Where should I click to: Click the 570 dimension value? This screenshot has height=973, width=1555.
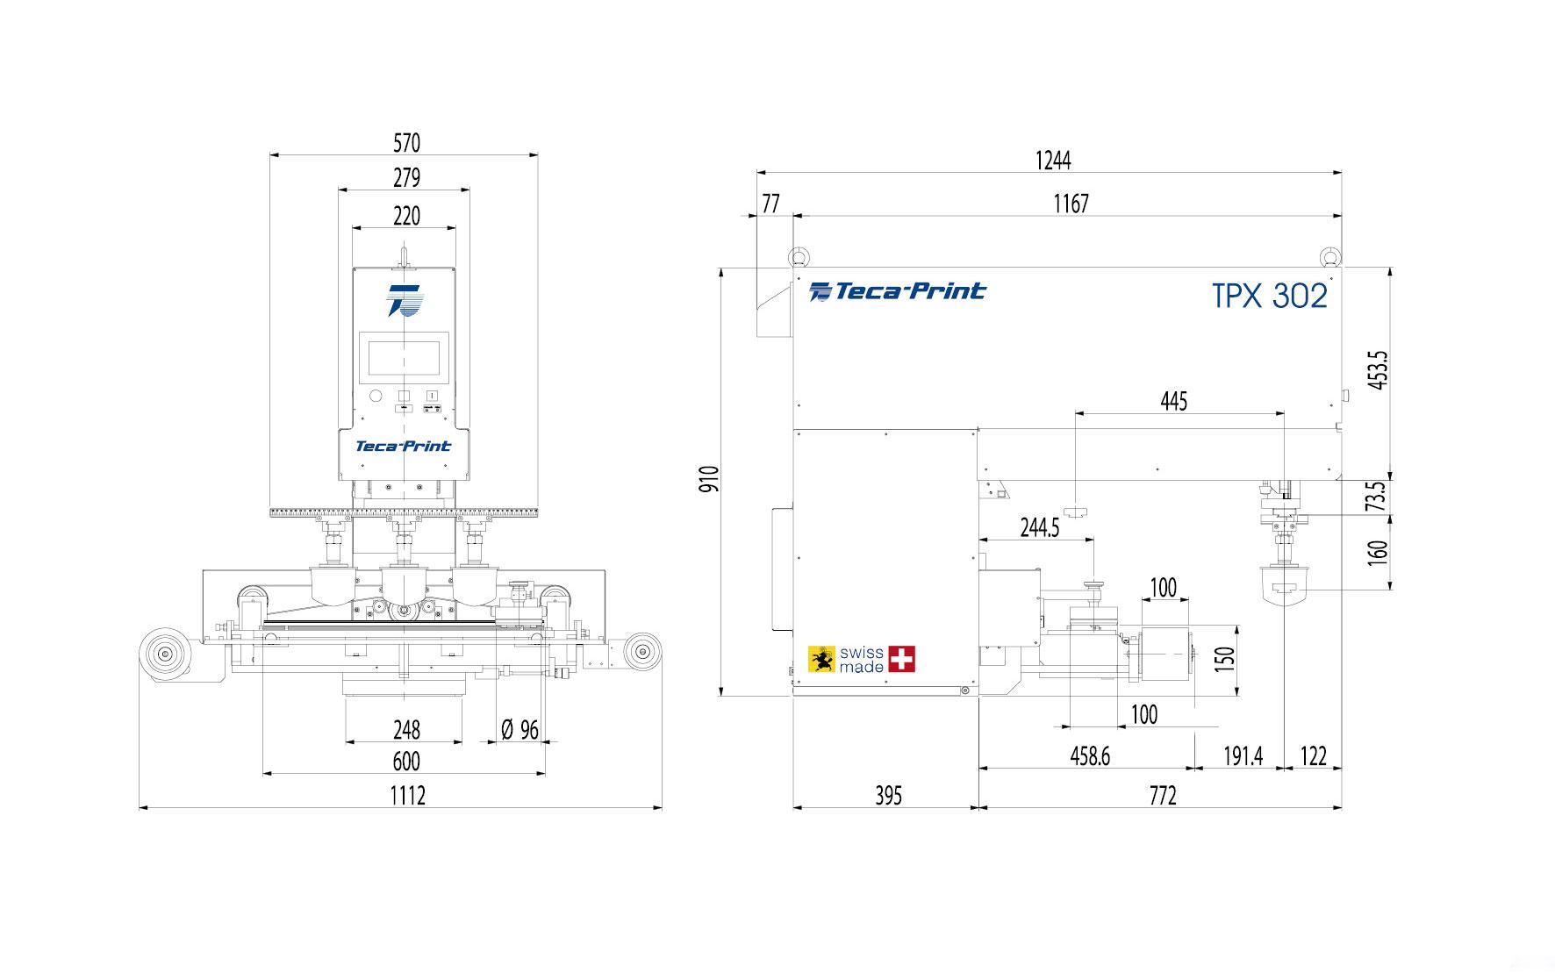click(406, 142)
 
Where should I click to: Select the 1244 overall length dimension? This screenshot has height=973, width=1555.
click(1052, 161)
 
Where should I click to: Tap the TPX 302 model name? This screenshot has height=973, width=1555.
click(1269, 297)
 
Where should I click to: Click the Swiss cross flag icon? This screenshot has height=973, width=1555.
click(901, 659)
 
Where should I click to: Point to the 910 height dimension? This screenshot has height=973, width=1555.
click(709, 479)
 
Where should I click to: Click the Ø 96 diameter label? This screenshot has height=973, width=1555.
click(520, 730)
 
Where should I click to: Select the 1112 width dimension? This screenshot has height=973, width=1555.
click(407, 796)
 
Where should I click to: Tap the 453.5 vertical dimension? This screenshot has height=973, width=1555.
click(1377, 370)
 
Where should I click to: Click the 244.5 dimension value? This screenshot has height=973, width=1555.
click(1040, 528)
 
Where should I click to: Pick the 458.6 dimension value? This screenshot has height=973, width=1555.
click(1090, 756)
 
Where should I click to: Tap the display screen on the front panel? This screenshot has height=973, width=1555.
click(404, 358)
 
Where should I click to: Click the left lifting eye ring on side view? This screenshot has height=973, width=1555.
click(799, 256)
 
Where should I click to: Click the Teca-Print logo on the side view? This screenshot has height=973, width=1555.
click(897, 291)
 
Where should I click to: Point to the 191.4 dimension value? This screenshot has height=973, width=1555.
click(1243, 756)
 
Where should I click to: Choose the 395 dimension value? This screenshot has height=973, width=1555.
click(888, 796)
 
